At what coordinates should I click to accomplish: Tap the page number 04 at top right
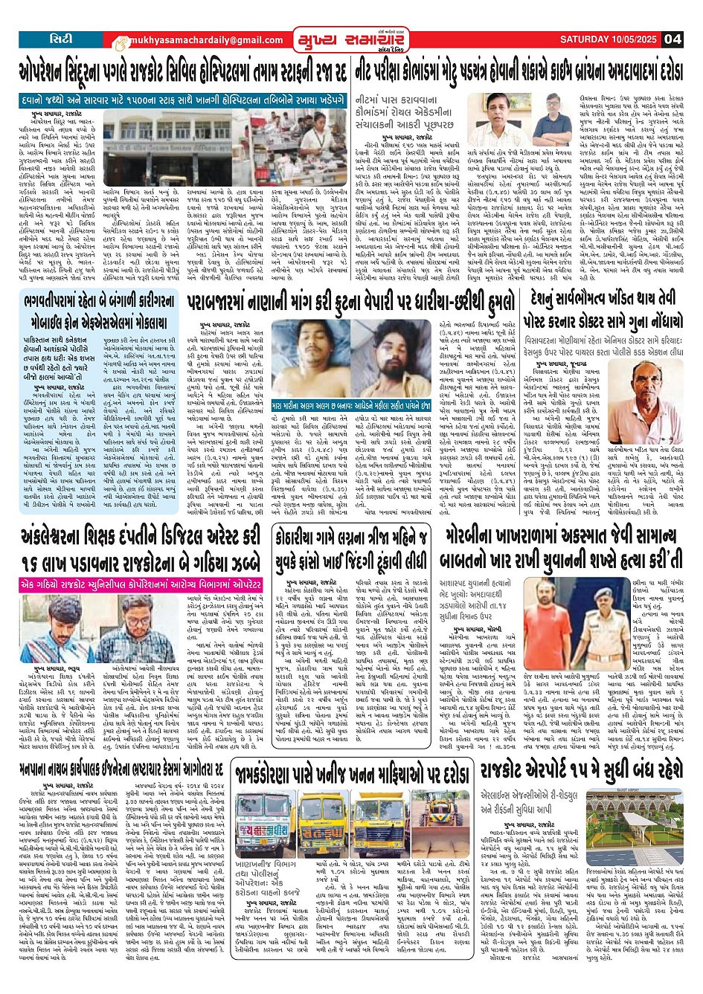pos(672,39)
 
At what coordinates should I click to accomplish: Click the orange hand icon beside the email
pos(121,42)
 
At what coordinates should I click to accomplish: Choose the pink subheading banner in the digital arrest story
pos(142,584)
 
